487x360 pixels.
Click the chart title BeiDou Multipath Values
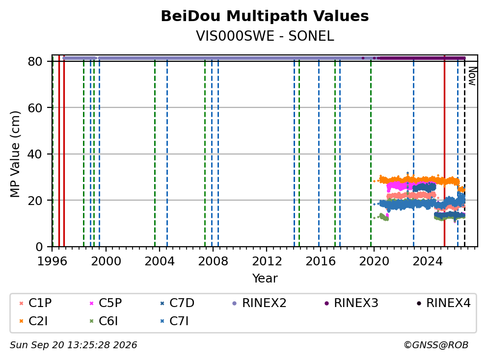tap(265, 16)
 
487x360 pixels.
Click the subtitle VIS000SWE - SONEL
tap(265, 36)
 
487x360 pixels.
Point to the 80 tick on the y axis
tap(35, 61)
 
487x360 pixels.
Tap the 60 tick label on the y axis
tap(35, 108)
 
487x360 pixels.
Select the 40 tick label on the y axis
tap(35, 154)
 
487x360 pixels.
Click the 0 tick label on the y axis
tap(39, 247)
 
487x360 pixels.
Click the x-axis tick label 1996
tap(52, 261)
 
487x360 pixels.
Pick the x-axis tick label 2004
tap(160, 261)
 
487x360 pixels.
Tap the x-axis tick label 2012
tap(267, 261)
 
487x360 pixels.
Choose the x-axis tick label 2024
tap(428, 261)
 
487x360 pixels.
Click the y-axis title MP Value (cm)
tap(15, 154)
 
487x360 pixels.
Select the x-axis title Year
tap(265, 279)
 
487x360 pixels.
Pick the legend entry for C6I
tap(104, 321)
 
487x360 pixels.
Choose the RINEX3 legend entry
tap(352, 303)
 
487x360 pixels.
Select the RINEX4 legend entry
tap(443, 303)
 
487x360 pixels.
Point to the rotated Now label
tap(472, 76)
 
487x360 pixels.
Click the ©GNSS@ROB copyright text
tap(436, 345)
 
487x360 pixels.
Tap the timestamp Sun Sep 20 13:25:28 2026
tap(73, 345)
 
